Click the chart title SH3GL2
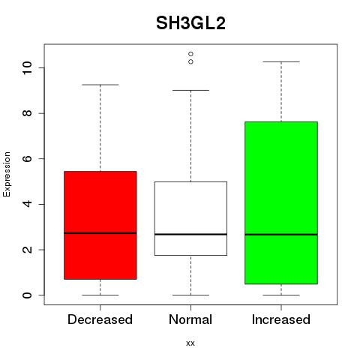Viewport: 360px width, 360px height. click(x=190, y=23)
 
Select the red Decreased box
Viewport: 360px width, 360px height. click(x=100, y=225)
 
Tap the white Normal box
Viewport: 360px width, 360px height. click(x=190, y=218)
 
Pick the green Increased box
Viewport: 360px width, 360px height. click(x=281, y=202)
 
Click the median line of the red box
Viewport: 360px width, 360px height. click(x=100, y=233)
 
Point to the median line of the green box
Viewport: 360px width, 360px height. click(x=281, y=235)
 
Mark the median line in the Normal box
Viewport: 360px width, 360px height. click(x=190, y=234)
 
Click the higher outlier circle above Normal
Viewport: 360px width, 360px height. click(x=190, y=54)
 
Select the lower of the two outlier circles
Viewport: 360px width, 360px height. click(x=190, y=61)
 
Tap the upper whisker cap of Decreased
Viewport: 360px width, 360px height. click(x=100, y=85)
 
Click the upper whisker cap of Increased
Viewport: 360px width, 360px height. click(x=281, y=61)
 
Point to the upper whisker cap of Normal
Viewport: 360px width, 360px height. click(x=190, y=90)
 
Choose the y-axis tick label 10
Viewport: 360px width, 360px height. click(x=27, y=67)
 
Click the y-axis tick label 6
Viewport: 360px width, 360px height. click(x=27, y=158)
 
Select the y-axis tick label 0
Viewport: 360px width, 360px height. click(x=27, y=295)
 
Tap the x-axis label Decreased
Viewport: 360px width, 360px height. click(x=100, y=319)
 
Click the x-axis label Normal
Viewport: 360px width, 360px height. click(x=190, y=319)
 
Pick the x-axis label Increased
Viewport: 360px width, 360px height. click(x=281, y=319)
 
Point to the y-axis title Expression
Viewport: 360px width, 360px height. click(x=7, y=174)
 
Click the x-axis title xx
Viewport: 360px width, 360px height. click(x=190, y=343)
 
